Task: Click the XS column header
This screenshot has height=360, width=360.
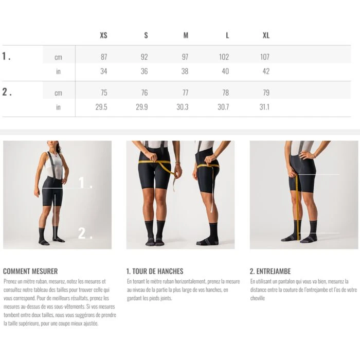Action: point(103,35)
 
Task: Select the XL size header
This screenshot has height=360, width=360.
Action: point(266,35)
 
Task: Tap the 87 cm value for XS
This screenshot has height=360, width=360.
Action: point(104,57)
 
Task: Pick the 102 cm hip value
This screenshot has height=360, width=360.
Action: point(224,57)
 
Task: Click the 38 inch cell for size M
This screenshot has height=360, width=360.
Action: point(185,71)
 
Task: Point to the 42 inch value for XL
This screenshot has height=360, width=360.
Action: point(266,71)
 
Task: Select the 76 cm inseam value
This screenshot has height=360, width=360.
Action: point(145,93)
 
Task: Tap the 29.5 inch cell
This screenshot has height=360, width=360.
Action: point(101,107)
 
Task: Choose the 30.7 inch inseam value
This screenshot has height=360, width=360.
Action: point(223,107)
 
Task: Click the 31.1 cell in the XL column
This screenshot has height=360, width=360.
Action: point(264,107)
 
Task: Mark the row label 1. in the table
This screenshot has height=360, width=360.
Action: point(6,56)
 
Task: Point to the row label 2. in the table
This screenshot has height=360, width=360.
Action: point(7,92)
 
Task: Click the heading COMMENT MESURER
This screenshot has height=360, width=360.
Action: point(30,271)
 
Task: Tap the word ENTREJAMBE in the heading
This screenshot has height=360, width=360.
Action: point(274,271)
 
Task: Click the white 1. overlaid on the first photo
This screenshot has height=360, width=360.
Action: point(85,183)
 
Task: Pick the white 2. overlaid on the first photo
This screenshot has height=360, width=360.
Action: point(85,233)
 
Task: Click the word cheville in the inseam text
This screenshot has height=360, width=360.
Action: point(258,298)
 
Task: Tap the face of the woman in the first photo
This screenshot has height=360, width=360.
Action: point(52,146)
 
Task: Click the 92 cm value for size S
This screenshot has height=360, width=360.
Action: point(145,57)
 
